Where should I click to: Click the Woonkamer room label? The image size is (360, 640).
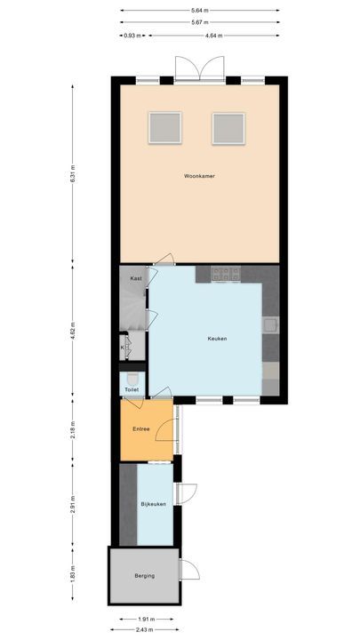(199, 176)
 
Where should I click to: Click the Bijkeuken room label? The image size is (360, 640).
(154, 504)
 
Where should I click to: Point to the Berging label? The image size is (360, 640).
(144, 576)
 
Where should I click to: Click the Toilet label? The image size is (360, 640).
(132, 389)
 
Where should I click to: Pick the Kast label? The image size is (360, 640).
(136, 278)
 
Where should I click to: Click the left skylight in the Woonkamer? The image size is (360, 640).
(164, 127)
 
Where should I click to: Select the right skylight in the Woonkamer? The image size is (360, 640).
(228, 127)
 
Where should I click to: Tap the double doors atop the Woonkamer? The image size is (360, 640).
(196, 69)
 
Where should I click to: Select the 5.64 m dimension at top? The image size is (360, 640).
(199, 12)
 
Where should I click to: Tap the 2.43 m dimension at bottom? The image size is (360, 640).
(146, 629)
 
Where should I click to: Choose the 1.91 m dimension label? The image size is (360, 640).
(146, 618)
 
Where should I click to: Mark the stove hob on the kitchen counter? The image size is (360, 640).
(226, 274)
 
